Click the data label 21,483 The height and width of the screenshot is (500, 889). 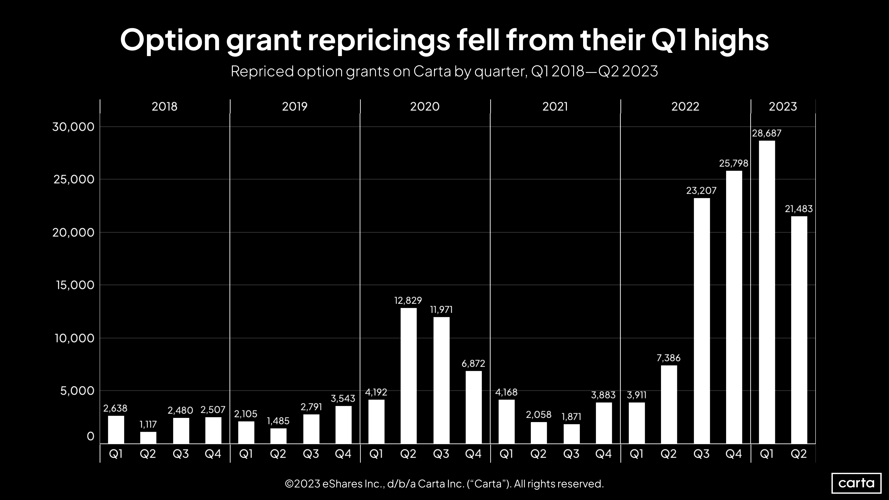(x=799, y=209)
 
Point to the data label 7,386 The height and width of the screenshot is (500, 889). (x=669, y=358)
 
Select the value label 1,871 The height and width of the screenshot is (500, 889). (x=572, y=417)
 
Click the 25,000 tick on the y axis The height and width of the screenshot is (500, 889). (x=73, y=179)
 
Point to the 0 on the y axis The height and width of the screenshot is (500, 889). (x=90, y=436)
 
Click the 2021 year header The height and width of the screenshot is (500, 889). (x=555, y=106)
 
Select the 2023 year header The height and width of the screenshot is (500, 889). (x=783, y=106)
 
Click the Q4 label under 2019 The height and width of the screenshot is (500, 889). (x=343, y=454)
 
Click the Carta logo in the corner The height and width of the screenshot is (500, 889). (x=856, y=483)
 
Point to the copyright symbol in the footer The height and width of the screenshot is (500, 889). (x=289, y=484)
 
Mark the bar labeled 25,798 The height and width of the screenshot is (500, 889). (x=734, y=307)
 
